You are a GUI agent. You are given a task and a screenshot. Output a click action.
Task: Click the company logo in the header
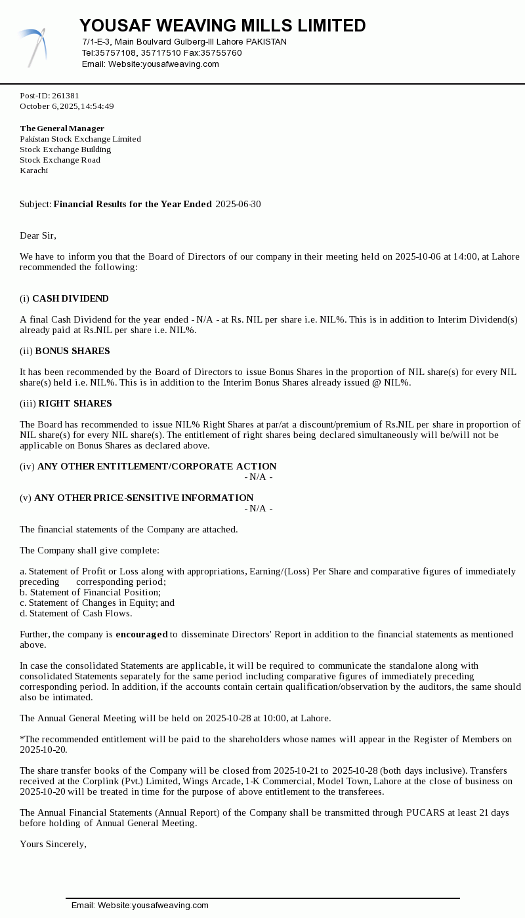33,47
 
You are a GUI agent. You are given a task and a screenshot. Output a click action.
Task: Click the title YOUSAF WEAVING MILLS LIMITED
222,26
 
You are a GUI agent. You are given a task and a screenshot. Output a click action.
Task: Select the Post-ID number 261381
66,96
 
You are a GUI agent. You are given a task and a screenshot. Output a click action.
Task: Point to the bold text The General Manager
62,129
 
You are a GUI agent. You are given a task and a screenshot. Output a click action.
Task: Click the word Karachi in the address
33,170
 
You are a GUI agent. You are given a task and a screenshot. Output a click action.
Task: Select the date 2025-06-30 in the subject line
238,204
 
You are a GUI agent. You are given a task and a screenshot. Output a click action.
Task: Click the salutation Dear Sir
38,235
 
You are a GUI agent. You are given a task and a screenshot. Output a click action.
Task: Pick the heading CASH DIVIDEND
70,298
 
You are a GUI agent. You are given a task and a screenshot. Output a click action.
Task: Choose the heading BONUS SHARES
72,351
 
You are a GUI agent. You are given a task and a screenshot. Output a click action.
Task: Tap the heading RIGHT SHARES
75,403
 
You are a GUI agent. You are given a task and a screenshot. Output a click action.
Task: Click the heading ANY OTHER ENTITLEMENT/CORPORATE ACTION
157,466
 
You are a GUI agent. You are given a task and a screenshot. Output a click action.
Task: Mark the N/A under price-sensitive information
259,508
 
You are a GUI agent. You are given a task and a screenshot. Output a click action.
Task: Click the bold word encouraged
142,634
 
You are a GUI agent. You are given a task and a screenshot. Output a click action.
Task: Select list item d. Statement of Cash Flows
76,613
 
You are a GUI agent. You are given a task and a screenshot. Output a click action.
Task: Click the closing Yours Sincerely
53,844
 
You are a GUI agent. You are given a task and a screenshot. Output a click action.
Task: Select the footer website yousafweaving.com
170,906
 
